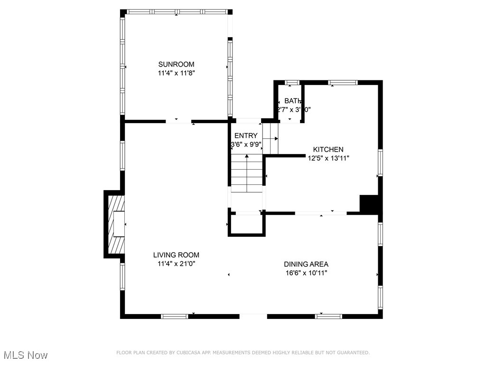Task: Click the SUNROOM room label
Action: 176,64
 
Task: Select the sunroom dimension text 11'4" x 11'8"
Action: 176,73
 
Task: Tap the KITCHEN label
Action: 327,149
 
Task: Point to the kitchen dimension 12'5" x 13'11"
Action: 328,158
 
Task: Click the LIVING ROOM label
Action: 176,255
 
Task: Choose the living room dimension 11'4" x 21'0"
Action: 176,264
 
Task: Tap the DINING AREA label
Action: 306,264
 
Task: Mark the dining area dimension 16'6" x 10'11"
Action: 306,273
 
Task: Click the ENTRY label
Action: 246,136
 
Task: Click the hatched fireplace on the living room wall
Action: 116,224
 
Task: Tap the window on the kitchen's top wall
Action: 343,83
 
